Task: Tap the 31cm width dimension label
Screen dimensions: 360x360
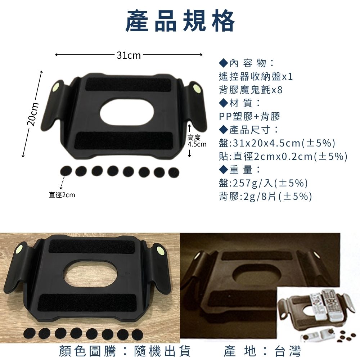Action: click(129, 55)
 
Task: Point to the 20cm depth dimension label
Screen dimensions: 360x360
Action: click(32, 114)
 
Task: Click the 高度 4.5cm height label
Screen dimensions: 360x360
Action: click(197, 141)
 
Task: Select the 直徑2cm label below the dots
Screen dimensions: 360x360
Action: click(62, 195)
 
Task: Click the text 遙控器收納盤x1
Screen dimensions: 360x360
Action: click(256, 77)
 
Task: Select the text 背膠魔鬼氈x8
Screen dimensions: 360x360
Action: click(251, 90)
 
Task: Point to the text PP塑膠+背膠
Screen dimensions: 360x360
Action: click(249, 116)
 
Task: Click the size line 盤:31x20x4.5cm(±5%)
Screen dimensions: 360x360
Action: click(277, 143)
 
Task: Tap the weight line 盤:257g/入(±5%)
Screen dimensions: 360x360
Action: click(264, 183)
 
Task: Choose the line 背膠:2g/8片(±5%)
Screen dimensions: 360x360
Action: click(266, 196)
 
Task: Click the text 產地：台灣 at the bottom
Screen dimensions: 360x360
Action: click(262, 351)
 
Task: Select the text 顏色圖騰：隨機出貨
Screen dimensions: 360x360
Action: click(125, 351)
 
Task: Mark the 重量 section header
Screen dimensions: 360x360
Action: click(240, 170)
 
